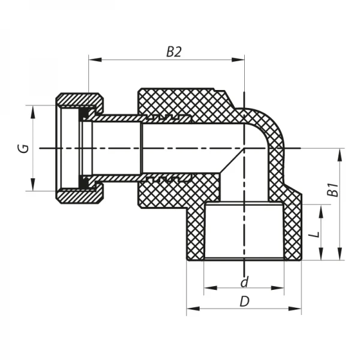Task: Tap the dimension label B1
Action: (330, 190)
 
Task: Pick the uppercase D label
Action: (244, 302)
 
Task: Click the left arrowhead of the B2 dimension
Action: (92, 59)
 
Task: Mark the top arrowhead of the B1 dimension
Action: (340, 152)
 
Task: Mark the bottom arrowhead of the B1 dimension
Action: (340, 257)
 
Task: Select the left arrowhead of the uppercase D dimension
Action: (190, 310)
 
